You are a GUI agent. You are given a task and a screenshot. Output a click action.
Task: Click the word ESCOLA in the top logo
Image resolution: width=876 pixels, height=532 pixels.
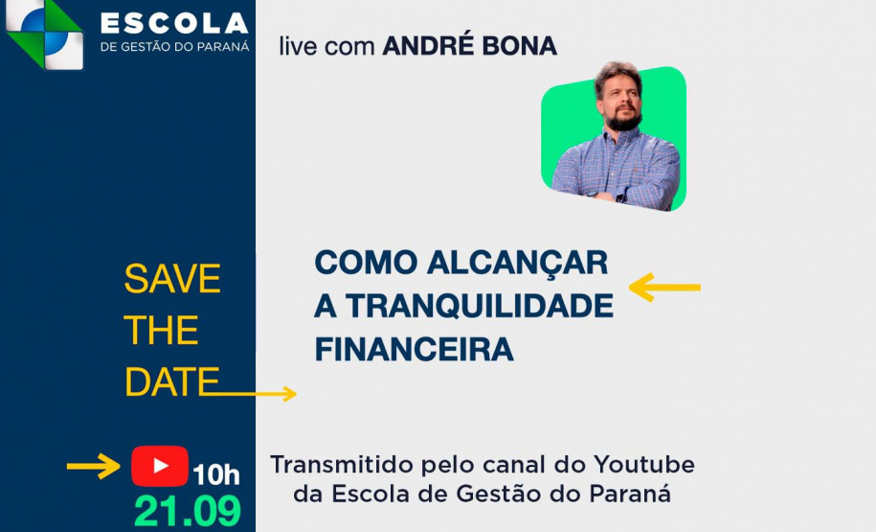coord(173,22)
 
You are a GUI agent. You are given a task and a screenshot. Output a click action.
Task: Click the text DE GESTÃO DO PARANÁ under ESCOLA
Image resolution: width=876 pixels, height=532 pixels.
coord(173,46)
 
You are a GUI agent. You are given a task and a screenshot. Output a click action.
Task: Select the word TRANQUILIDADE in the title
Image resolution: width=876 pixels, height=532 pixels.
coord(479,306)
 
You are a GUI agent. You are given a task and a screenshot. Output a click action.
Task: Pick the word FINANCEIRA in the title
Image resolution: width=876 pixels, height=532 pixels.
coord(414,349)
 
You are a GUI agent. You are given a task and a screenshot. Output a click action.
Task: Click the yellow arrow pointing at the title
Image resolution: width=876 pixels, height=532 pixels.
coord(664,287)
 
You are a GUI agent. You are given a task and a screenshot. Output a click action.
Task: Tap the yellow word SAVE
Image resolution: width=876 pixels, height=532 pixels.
coord(172,279)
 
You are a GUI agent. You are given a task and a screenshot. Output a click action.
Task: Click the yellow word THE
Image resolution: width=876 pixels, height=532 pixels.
coord(161,331)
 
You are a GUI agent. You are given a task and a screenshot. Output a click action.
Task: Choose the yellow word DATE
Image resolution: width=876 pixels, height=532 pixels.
coord(171,382)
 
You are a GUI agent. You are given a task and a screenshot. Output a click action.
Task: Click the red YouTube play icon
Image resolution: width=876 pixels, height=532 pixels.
coord(160,466)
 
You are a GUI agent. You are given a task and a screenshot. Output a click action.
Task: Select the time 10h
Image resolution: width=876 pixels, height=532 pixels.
coord(216,474)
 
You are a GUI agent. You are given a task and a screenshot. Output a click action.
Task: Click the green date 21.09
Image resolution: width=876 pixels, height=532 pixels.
coord(188,512)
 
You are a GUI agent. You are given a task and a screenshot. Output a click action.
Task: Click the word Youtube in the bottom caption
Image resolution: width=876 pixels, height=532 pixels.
coord(644,465)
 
